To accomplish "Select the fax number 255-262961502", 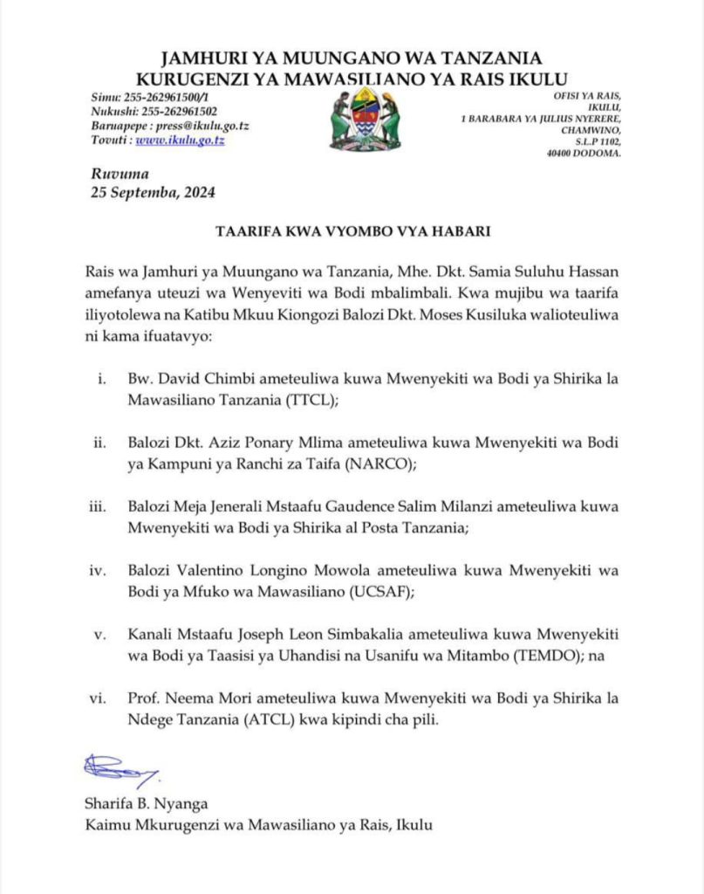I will [180, 111].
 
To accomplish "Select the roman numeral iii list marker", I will [104, 507].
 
